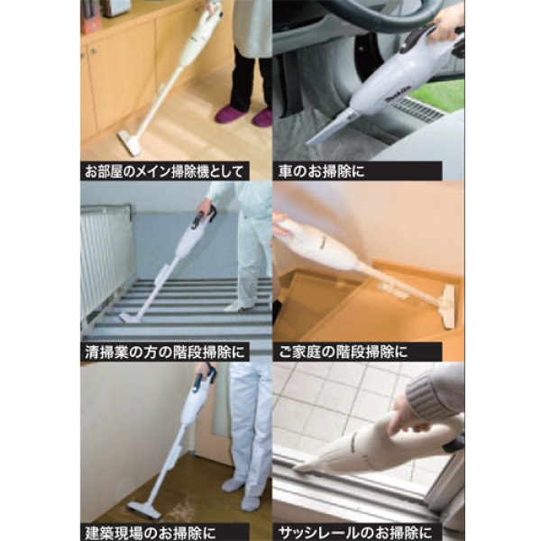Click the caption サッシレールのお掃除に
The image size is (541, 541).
[x=357, y=531]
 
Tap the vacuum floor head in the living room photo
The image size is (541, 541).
[x=130, y=141]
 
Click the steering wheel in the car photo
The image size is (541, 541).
[x=361, y=18]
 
